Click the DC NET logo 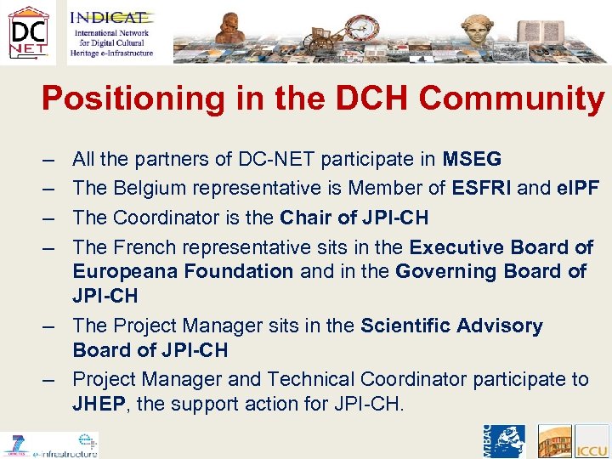pos(28,32)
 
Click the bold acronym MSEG pos(472,159)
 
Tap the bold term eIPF pos(577,187)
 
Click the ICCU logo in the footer pos(592,443)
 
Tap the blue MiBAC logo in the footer pos(501,442)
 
